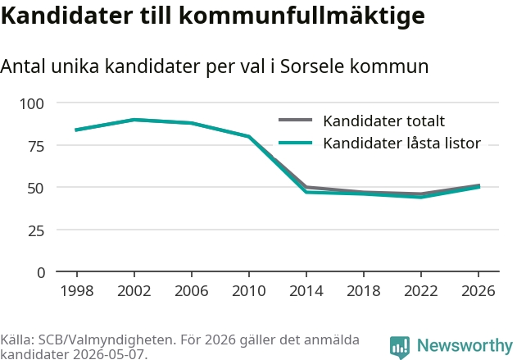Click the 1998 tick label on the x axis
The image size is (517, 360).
coord(77,290)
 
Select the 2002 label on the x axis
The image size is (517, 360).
coord(134,290)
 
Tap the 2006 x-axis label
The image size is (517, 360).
coord(192,290)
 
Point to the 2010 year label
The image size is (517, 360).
coord(249,290)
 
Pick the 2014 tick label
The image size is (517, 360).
coord(306,290)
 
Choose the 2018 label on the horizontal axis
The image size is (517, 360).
coord(364,290)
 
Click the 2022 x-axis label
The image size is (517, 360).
coord(421,290)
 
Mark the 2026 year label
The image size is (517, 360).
coord(478,290)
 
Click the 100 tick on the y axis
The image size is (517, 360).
coord(32,104)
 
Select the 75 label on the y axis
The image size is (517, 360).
coord(36,146)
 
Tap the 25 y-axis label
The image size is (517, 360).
coord(36,230)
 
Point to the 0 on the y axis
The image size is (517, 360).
coord(41,273)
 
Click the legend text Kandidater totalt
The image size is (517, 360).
coord(383,121)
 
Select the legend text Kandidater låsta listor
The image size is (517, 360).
coord(402,144)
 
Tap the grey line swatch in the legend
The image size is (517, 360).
coord(296,120)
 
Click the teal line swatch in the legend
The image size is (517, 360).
coord(296,143)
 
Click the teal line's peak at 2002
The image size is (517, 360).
coord(134,120)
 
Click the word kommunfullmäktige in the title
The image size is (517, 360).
coord(302,16)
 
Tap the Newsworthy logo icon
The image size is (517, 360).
coord(400,348)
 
